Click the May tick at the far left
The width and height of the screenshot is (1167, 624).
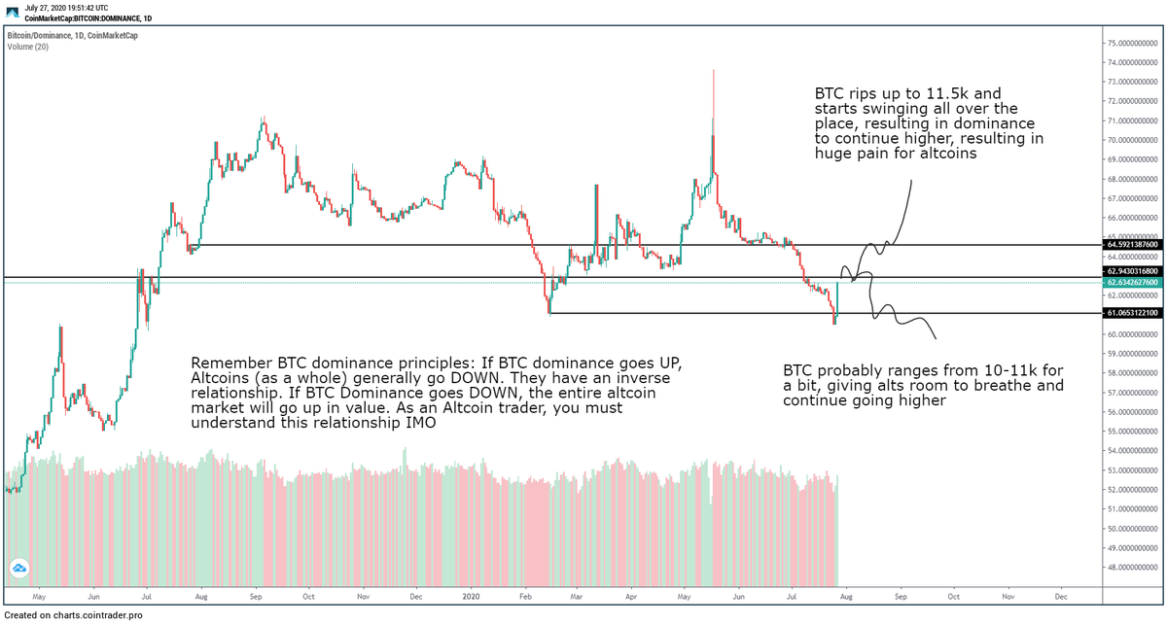[x=39, y=596]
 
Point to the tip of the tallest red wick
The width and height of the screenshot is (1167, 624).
[x=714, y=70]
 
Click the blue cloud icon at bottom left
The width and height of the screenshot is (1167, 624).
[x=18, y=569]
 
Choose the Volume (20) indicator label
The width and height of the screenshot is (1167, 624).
[x=27, y=46]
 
